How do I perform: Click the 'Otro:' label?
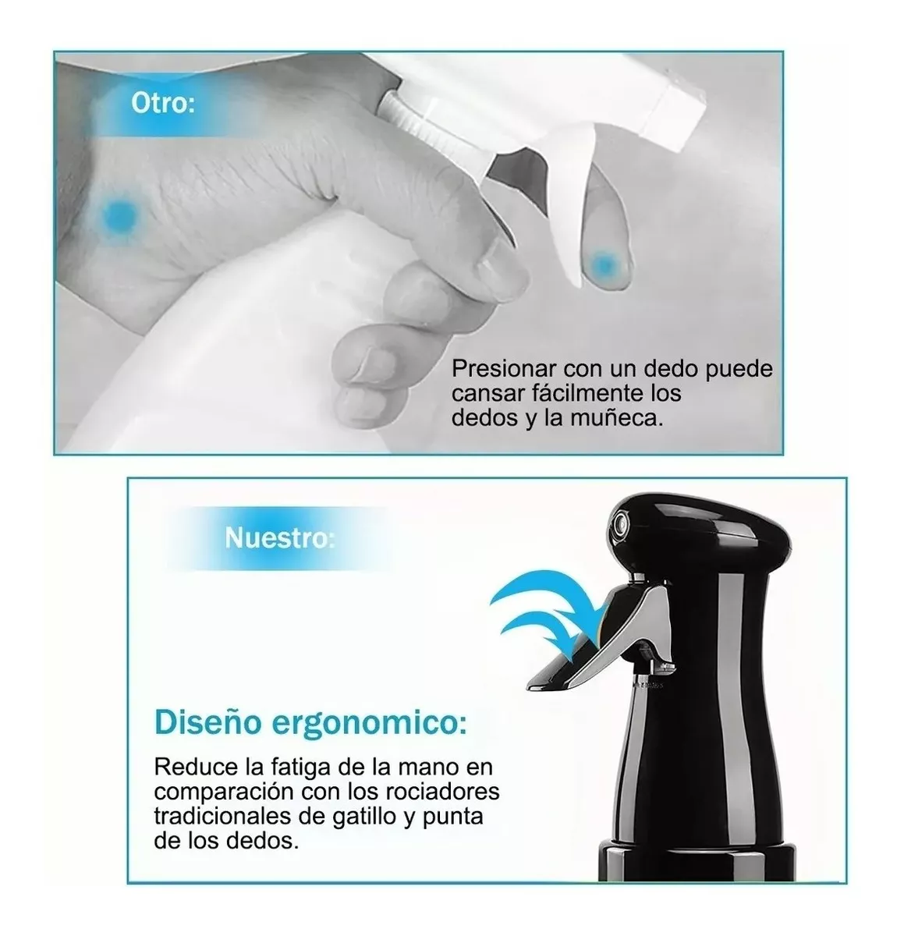[163, 103]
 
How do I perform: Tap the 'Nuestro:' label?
[279, 537]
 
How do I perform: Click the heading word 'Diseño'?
[207, 723]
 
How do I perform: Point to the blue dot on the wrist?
[120, 213]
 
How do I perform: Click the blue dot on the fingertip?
[604, 264]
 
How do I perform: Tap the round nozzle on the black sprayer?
[619, 523]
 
